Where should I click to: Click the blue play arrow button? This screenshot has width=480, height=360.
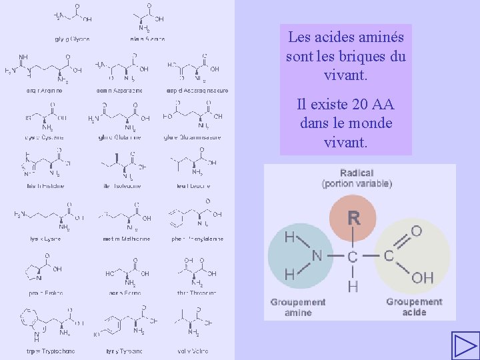click(465, 345)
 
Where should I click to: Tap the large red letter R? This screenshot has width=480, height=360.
click(353, 218)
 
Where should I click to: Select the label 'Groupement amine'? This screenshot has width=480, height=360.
click(298, 307)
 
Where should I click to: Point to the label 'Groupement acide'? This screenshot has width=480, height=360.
click(414, 307)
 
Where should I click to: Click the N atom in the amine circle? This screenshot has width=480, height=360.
click(317, 255)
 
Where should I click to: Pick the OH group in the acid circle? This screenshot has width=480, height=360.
click(422, 277)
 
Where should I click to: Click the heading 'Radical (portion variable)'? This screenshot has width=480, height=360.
click(357, 178)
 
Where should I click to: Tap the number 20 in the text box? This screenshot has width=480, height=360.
click(362, 105)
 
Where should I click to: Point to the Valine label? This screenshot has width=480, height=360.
click(195, 351)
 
